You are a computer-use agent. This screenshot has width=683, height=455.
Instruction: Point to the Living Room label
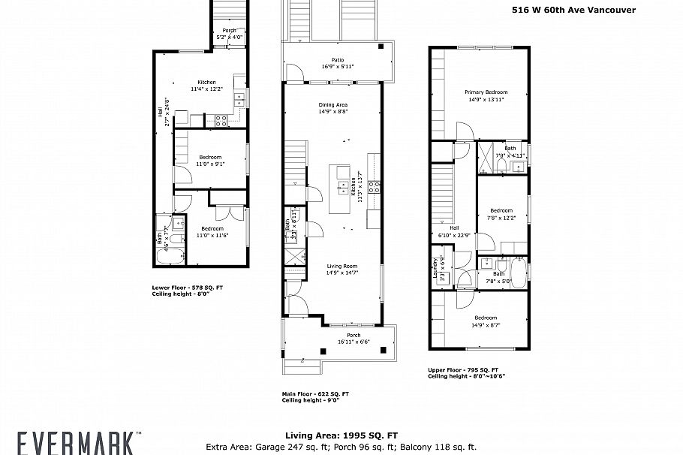click(341, 266)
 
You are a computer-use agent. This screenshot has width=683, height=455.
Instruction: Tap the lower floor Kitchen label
click(206, 82)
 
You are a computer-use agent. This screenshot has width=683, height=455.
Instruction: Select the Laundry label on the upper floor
click(435, 269)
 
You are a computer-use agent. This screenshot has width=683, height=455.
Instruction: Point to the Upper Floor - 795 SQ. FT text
click(463, 369)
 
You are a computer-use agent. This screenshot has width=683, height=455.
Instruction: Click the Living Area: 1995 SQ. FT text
click(341, 435)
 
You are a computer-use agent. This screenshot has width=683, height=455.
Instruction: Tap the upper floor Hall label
click(453, 228)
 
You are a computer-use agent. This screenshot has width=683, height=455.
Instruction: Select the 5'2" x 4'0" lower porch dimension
click(229, 37)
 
